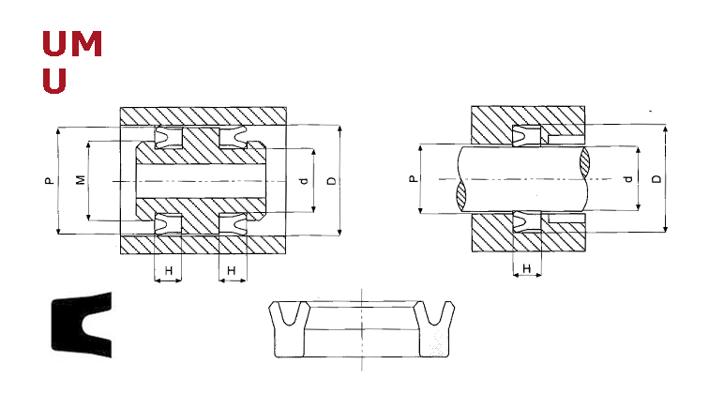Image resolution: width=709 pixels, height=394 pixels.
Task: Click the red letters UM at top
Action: [x=72, y=43]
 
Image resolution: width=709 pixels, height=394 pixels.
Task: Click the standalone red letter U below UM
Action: [x=54, y=81]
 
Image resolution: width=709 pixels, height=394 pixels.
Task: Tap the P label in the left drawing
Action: [x=50, y=180]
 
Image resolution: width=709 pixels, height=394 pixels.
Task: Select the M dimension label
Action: [x=81, y=180]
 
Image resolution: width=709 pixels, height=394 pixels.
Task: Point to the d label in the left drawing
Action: [x=304, y=181]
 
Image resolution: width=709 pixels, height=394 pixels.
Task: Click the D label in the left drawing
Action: [x=332, y=181]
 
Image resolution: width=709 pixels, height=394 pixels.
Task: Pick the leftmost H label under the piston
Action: [x=168, y=271]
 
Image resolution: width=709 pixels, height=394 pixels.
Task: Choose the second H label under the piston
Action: [x=231, y=271]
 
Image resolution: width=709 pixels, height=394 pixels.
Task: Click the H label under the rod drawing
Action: [x=526, y=268]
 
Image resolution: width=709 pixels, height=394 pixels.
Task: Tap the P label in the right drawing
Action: [x=413, y=179]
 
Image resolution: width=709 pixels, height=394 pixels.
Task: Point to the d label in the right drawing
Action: [x=628, y=179]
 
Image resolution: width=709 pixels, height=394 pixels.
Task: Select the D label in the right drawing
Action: [x=656, y=178]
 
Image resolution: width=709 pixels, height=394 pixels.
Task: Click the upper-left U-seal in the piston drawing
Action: [x=168, y=138]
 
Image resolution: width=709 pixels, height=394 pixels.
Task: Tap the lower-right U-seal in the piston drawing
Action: [x=234, y=224]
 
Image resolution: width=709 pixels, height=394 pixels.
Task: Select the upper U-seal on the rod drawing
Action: [x=527, y=135]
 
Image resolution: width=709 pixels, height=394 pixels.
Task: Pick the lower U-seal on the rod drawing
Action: [x=527, y=221]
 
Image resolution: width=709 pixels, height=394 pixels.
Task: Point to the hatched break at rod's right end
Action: [x=584, y=162]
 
